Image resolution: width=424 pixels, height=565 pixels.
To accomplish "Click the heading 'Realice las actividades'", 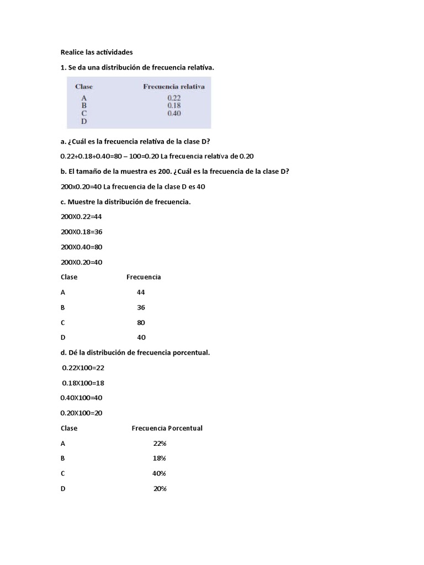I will tap(97, 52).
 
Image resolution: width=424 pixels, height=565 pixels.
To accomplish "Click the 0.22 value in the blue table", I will tap(174, 98).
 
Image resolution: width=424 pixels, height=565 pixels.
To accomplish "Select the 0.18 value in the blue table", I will tap(174, 105).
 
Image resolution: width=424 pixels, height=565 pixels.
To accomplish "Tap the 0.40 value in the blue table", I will tap(174, 113).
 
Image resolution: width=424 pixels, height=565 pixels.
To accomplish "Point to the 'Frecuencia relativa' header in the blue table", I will tap(174, 87).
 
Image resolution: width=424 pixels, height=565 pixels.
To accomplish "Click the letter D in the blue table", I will tap(84, 121).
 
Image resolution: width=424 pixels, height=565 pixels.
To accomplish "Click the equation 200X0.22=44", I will tap(82, 217).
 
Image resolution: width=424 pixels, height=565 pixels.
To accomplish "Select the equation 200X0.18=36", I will tap(82, 232).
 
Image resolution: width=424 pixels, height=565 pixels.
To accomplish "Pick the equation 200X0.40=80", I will tap(82, 247).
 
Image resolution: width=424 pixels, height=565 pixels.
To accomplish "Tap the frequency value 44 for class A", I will tap(141, 292).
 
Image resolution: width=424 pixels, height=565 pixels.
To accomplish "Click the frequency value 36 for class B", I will tap(141, 307).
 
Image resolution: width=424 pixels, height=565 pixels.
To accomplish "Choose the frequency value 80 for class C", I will tap(141, 322).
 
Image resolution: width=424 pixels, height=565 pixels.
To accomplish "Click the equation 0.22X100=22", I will tap(83, 367).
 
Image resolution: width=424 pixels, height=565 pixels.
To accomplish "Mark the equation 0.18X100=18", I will tap(83, 382).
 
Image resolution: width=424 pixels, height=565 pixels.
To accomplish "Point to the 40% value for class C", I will tap(159, 473).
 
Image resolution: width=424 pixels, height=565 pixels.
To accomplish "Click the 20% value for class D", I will tap(160, 488).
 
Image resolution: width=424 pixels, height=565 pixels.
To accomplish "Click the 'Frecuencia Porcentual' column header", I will tap(167, 428).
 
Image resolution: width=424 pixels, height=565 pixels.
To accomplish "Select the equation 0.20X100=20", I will tap(82, 413).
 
